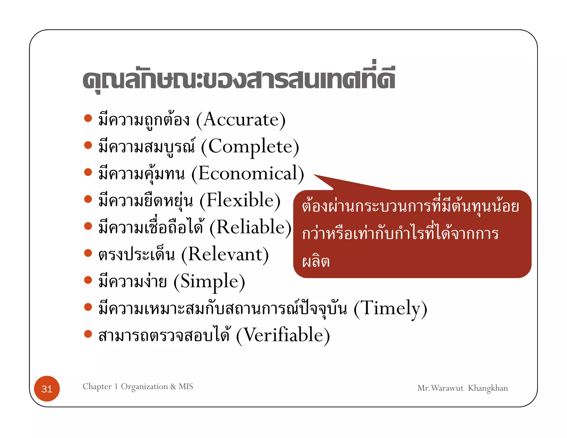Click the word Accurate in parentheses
coord(241,120)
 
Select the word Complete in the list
coord(250,147)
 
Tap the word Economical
coord(248,174)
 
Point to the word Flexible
coord(240,200)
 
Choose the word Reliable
coord(250,227)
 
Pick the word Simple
coord(209,281)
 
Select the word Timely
coord(390,308)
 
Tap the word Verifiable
coord(283,335)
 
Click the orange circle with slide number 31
coord(47,389)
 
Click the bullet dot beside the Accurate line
coord(88,118)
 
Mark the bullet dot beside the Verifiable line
coord(88,334)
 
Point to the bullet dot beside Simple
coord(88,280)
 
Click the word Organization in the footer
coord(144,387)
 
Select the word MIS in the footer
coord(186,386)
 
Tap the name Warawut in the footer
coord(447,388)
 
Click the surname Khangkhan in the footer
coord(488,388)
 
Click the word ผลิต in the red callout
coord(316,261)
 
